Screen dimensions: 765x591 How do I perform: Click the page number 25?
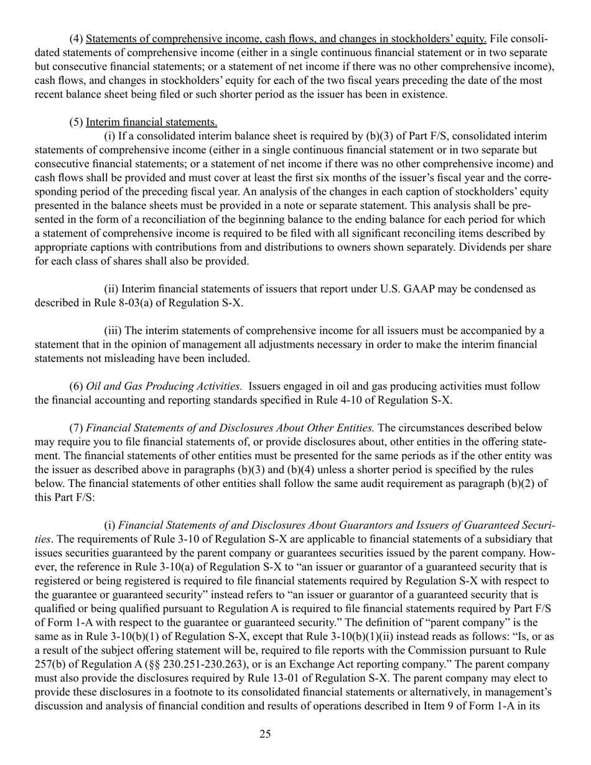265,735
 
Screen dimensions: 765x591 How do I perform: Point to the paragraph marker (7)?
76,428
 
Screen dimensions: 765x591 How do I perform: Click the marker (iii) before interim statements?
111,330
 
